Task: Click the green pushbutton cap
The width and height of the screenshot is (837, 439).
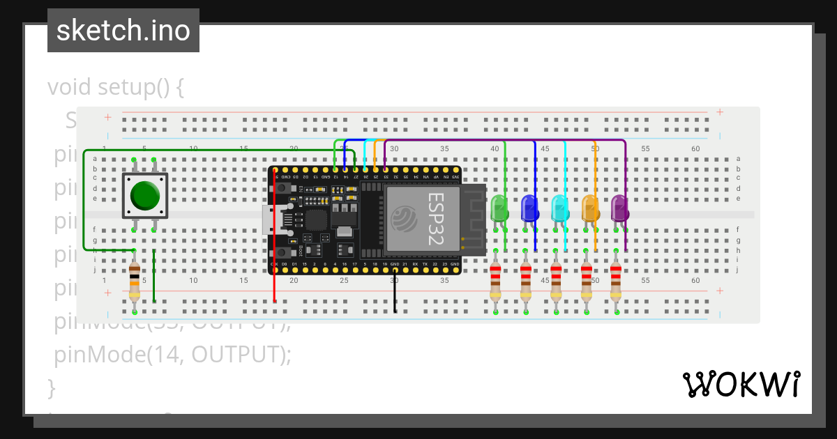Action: point(145,196)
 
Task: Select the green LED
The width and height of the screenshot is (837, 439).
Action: point(499,208)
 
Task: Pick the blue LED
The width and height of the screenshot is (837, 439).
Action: point(529,208)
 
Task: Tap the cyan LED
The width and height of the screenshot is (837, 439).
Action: point(559,208)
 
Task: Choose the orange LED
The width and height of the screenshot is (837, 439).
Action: point(590,208)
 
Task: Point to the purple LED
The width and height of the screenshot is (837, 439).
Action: point(619,208)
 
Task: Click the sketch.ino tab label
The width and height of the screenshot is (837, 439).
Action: point(123,31)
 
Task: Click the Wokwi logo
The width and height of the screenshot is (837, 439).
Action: point(741,384)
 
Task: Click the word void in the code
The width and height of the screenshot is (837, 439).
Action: point(70,88)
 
